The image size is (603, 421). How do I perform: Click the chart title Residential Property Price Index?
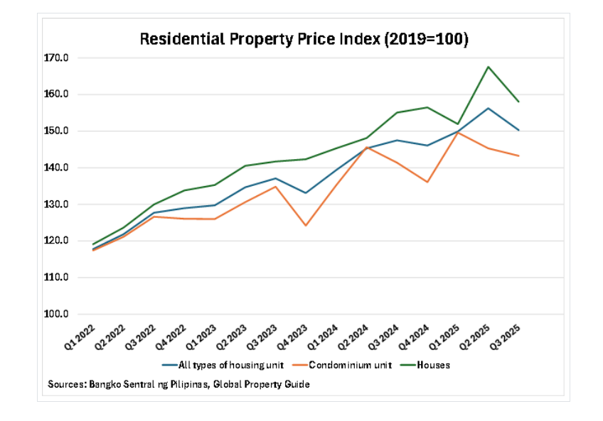coord(304,39)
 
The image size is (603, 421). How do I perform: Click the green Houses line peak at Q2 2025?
coord(489,67)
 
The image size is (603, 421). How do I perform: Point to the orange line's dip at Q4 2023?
coord(305,225)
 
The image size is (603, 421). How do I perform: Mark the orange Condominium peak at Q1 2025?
coord(458,132)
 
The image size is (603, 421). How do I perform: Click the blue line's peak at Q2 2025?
coord(489,108)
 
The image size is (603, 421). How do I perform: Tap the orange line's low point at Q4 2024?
coord(427,182)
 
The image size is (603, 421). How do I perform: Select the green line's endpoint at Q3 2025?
coord(518,102)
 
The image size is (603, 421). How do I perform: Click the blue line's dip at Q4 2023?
coord(305,193)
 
